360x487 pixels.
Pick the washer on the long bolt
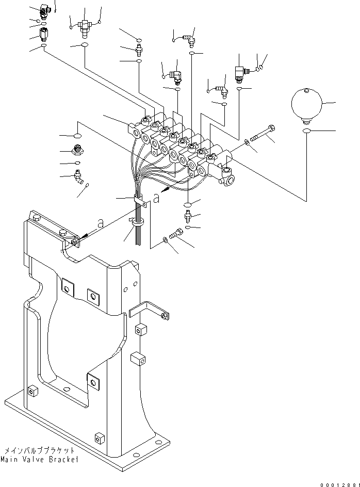[x=249, y=141]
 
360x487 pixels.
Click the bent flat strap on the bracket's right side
[x=147, y=310]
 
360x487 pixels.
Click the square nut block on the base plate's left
[x=32, y=392]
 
